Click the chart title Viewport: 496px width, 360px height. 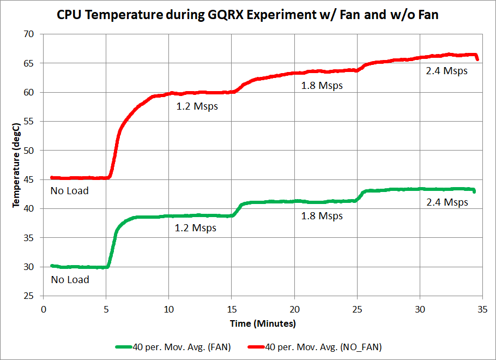click(248, 15)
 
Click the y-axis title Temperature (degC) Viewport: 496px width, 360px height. click(16, 165)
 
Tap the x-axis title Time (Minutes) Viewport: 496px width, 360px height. click(262, 323)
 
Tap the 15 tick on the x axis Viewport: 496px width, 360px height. click(232, 308)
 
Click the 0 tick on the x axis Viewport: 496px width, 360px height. click(44, 308)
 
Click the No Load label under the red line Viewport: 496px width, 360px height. click(69, 191)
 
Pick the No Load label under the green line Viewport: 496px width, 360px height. click(69, 280)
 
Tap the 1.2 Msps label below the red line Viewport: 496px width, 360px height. click(197, 106)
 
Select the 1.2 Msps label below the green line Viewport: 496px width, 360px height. click(195, 228)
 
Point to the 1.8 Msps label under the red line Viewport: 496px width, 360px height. click(322, 86)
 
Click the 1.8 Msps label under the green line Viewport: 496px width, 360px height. click(322, 216)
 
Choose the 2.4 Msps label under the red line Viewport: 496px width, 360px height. click(447, 70)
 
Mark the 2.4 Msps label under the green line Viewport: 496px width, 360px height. click(447, 202)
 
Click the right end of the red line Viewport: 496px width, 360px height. click(477, 59)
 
